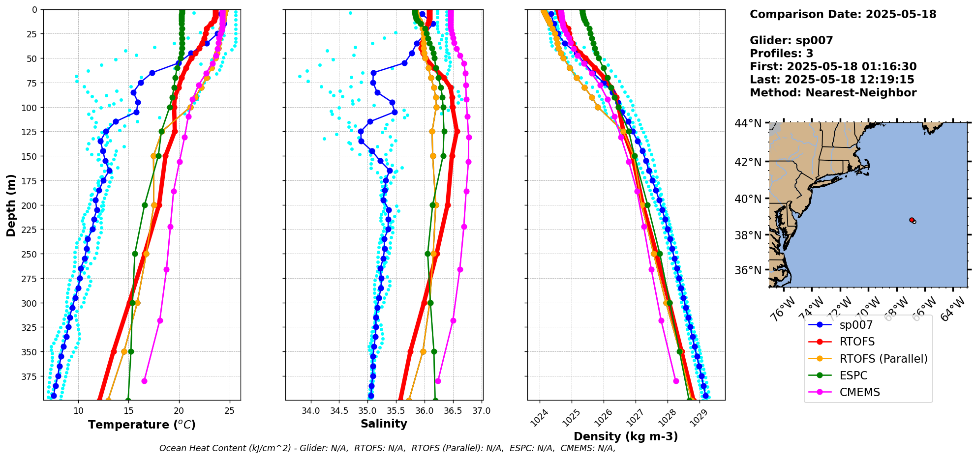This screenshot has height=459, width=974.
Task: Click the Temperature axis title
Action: pos(142,425)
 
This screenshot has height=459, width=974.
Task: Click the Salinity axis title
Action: pos(384,424)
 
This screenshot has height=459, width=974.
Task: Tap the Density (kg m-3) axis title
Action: pos(626,436)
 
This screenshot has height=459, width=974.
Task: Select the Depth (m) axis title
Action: pos(11,205)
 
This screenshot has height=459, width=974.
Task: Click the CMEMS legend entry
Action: pos(859,392)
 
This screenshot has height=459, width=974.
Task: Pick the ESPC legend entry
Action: pos(853,375)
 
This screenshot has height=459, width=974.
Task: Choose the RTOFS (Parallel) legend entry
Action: pos(883,359)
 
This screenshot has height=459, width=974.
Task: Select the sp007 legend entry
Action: pos(856,325)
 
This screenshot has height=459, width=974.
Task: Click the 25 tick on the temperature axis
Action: pos(229,411)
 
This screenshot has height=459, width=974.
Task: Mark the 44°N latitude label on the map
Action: pos(748,123)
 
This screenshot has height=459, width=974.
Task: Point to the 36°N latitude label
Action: pos(748,270)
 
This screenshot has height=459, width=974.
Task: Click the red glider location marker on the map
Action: pos(912,220)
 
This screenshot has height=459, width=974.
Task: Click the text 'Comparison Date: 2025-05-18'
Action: pos(843,14)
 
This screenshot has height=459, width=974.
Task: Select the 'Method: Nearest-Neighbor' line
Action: pos(833,93)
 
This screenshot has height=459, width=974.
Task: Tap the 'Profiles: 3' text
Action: pos(781,54)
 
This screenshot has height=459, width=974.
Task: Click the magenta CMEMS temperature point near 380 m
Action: pos(144,381)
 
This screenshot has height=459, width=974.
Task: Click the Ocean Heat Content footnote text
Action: pos(387,448)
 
